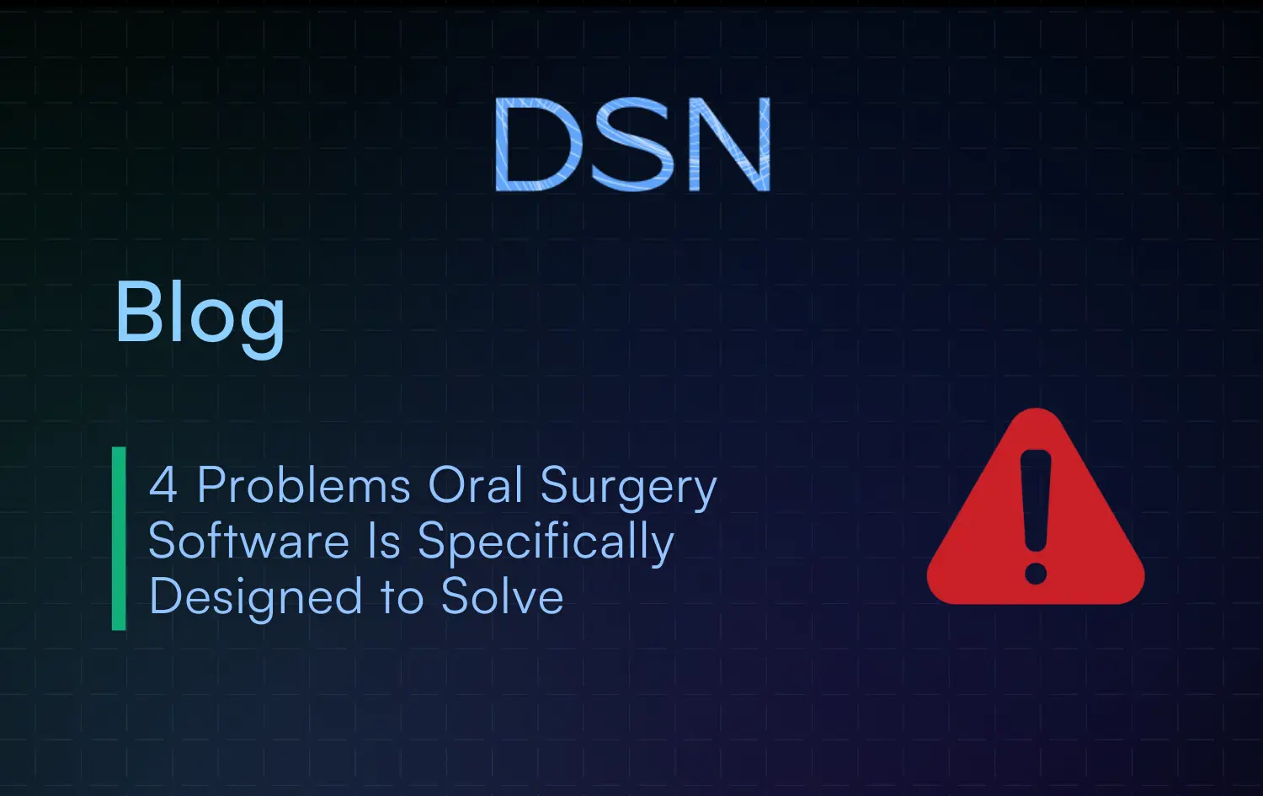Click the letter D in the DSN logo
[537, 144]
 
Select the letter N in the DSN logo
[729, 144]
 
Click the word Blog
[200, 313]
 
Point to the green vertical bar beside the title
[119, 538]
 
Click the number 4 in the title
[163, 486]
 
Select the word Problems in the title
[304, 486]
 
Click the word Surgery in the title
[628, 489]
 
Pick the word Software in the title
[248, 541]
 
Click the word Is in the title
[384, 541]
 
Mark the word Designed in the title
[255, 597]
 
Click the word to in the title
[402, 598]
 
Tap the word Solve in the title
[502, 597]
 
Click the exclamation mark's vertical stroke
[1036, 497]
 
